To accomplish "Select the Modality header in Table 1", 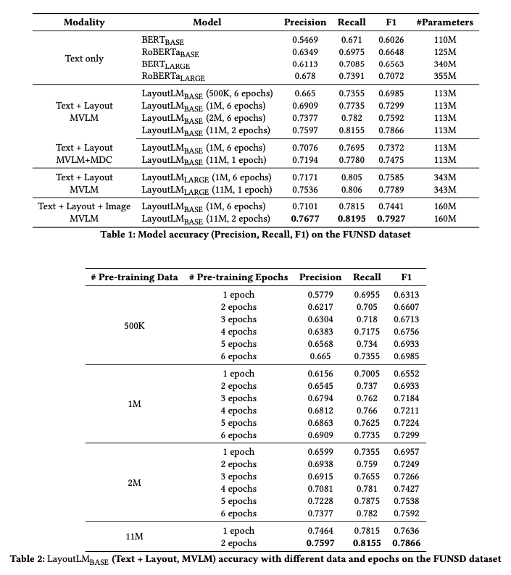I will click(85, 22).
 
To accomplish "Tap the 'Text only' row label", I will click(85, 59).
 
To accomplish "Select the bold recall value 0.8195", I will click(352, 219).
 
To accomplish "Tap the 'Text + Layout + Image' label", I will click(85, 207).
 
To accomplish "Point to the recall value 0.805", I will click(352, 177).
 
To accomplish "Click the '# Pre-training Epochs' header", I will click(238, 277).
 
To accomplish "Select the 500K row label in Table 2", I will click(135, 326).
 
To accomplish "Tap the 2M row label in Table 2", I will click(135, 482).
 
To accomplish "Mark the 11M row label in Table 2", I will click(135, 537).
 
